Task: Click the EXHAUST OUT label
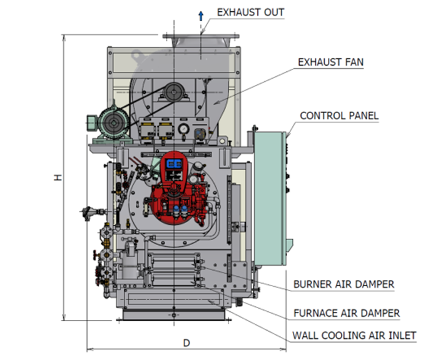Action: tap(250, 12)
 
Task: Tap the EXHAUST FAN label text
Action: tap(330, 62)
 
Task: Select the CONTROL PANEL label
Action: tap(339, 116)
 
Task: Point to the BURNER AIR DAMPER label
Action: tap(344, 284)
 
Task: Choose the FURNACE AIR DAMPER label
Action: tap(346, 313)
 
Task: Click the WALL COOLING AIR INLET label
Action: tap(354, 336)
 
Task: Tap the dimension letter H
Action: tap(58, 178)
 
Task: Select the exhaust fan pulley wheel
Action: tap(174, 95)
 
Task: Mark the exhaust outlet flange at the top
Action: tap(200, 37)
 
